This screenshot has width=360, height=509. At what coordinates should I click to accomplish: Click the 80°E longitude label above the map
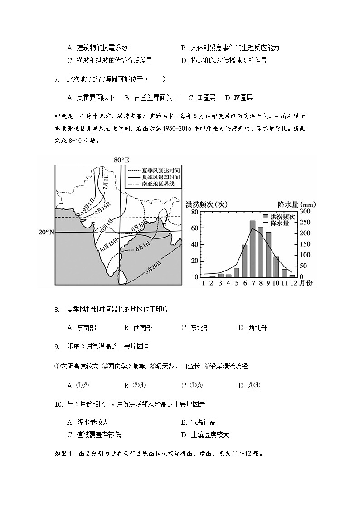click(x=121, y=160)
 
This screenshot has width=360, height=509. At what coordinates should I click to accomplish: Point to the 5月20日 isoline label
click(x=154, y=270)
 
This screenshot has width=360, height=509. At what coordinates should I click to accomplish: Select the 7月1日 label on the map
click(x=105, y=184)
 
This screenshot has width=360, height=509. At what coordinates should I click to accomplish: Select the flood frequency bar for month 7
click(x=253, y=248)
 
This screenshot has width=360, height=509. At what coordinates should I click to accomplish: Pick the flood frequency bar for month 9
click(x=268, y=254)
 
